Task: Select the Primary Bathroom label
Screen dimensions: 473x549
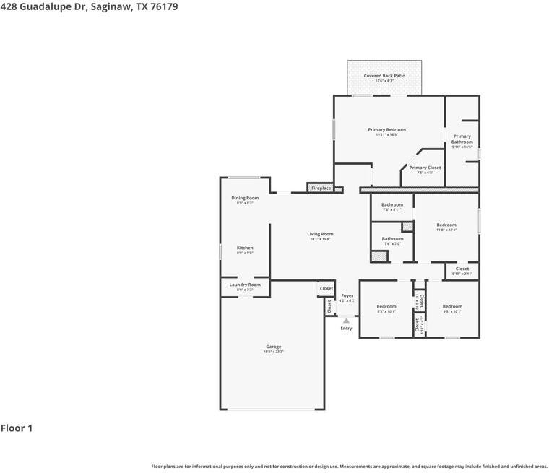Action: [x=462, y=139]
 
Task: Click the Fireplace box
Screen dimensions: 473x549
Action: [x=321, y=188]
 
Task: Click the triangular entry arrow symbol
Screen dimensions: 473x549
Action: [x=346, y=321]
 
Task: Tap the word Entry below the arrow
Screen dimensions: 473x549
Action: [x=347, y=329]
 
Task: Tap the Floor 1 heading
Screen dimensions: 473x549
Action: [x=17, y=428]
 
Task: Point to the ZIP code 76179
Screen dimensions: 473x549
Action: [x=164, y=6]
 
